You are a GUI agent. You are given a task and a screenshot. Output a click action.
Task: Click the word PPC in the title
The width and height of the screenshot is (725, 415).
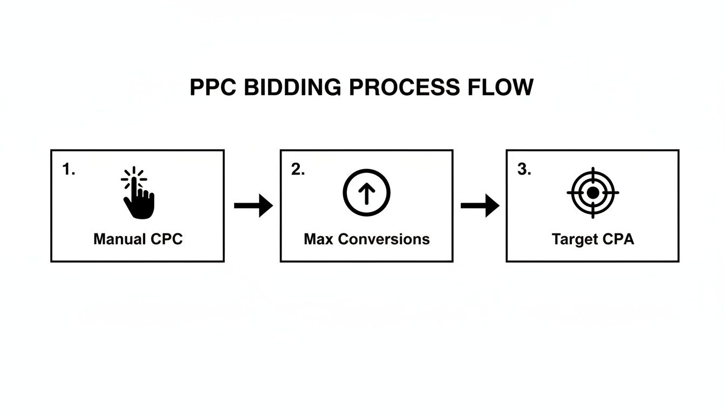point(213,88)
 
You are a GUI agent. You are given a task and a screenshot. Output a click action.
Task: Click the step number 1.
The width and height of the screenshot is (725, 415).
point(69,170)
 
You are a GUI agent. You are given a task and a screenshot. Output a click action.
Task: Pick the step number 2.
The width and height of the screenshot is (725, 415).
point(298,170)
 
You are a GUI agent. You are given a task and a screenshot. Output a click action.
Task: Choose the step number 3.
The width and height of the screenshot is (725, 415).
point(524,170)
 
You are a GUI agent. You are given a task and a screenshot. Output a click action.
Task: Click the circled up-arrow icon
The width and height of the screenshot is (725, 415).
point(366,193)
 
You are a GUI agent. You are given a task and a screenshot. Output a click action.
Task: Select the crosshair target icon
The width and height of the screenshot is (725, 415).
point(593,193)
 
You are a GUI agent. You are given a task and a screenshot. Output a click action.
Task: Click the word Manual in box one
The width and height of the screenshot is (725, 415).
point(118,239)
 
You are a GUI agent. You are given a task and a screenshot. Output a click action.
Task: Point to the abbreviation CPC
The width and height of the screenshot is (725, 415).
point(164,239)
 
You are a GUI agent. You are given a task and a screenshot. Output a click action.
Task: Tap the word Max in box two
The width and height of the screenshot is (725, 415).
point(318,239)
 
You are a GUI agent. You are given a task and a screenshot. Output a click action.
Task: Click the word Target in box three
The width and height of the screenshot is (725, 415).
point(573,239)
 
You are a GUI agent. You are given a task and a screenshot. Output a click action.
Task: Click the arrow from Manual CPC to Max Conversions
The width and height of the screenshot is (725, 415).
point(254,205)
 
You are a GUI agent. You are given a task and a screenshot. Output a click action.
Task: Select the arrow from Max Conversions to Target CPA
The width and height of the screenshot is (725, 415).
point(480,205)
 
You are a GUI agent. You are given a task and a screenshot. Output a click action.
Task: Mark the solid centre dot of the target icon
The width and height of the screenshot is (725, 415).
point(593,193)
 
